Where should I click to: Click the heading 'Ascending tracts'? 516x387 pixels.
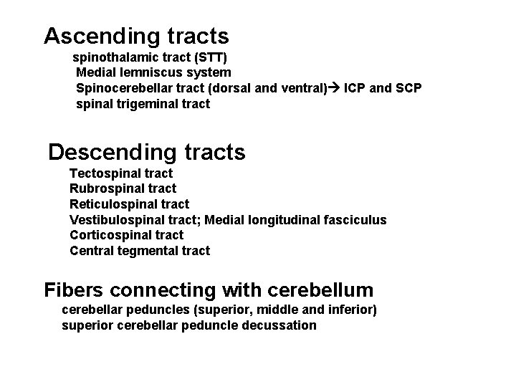[x=136, y=35]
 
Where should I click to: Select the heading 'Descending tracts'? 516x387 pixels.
[x=146, y=152]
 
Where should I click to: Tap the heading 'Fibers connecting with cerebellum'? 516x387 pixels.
[x=209, y=290]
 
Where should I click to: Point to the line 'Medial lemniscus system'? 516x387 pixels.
[x=153, y=72]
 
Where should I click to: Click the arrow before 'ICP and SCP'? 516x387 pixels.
[x=333, y=88]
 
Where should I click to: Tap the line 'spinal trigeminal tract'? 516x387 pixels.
[x=143, y=104]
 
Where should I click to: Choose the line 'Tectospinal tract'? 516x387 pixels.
[x=121, y=173]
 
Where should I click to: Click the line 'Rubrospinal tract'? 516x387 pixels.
[x=123, y=188]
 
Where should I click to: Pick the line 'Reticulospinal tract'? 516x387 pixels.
[x=129, y=204]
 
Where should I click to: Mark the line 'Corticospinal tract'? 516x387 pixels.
[x=126, y=235]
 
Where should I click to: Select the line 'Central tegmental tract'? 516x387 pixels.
[x=140, y=251]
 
